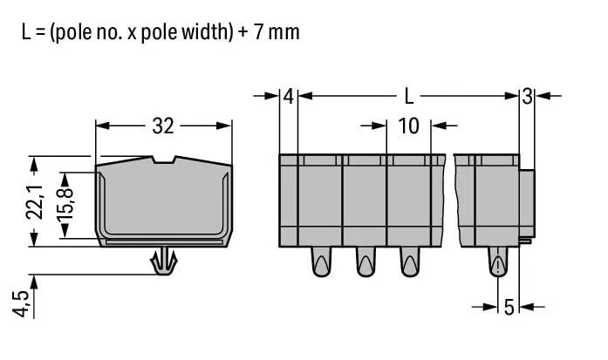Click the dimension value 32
coord(163,126)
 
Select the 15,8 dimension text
coord(65,205)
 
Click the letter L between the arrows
coord(409,96)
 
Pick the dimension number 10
coord(409,126)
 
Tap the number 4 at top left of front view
coord(289,97)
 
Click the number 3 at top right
coord(527,97)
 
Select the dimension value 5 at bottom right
coord(509,308)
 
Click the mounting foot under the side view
coord(164,261)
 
